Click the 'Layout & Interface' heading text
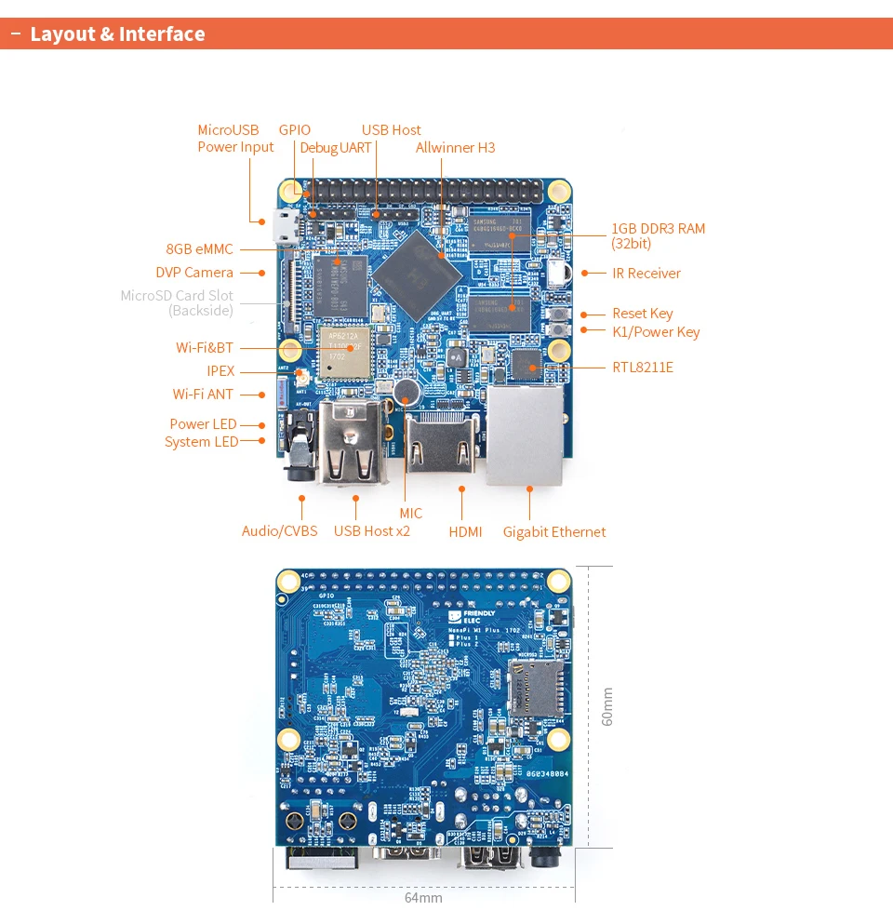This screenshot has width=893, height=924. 117,34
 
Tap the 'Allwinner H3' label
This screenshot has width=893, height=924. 455,148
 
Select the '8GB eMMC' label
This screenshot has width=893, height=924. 199,249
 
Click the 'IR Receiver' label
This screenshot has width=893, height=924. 646,274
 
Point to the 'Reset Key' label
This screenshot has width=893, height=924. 642,314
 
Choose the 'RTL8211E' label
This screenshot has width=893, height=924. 642,368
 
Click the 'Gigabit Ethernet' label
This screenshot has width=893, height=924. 553,532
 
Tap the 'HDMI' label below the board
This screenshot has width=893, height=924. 465,532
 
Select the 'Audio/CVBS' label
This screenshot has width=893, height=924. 279,531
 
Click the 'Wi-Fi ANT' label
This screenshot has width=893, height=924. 203,395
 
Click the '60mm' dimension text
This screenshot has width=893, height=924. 607,706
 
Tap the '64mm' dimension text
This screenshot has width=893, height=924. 423,898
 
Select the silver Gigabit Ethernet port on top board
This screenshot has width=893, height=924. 525,435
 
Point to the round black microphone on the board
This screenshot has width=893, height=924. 404,391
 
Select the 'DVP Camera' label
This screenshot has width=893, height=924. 194,273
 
